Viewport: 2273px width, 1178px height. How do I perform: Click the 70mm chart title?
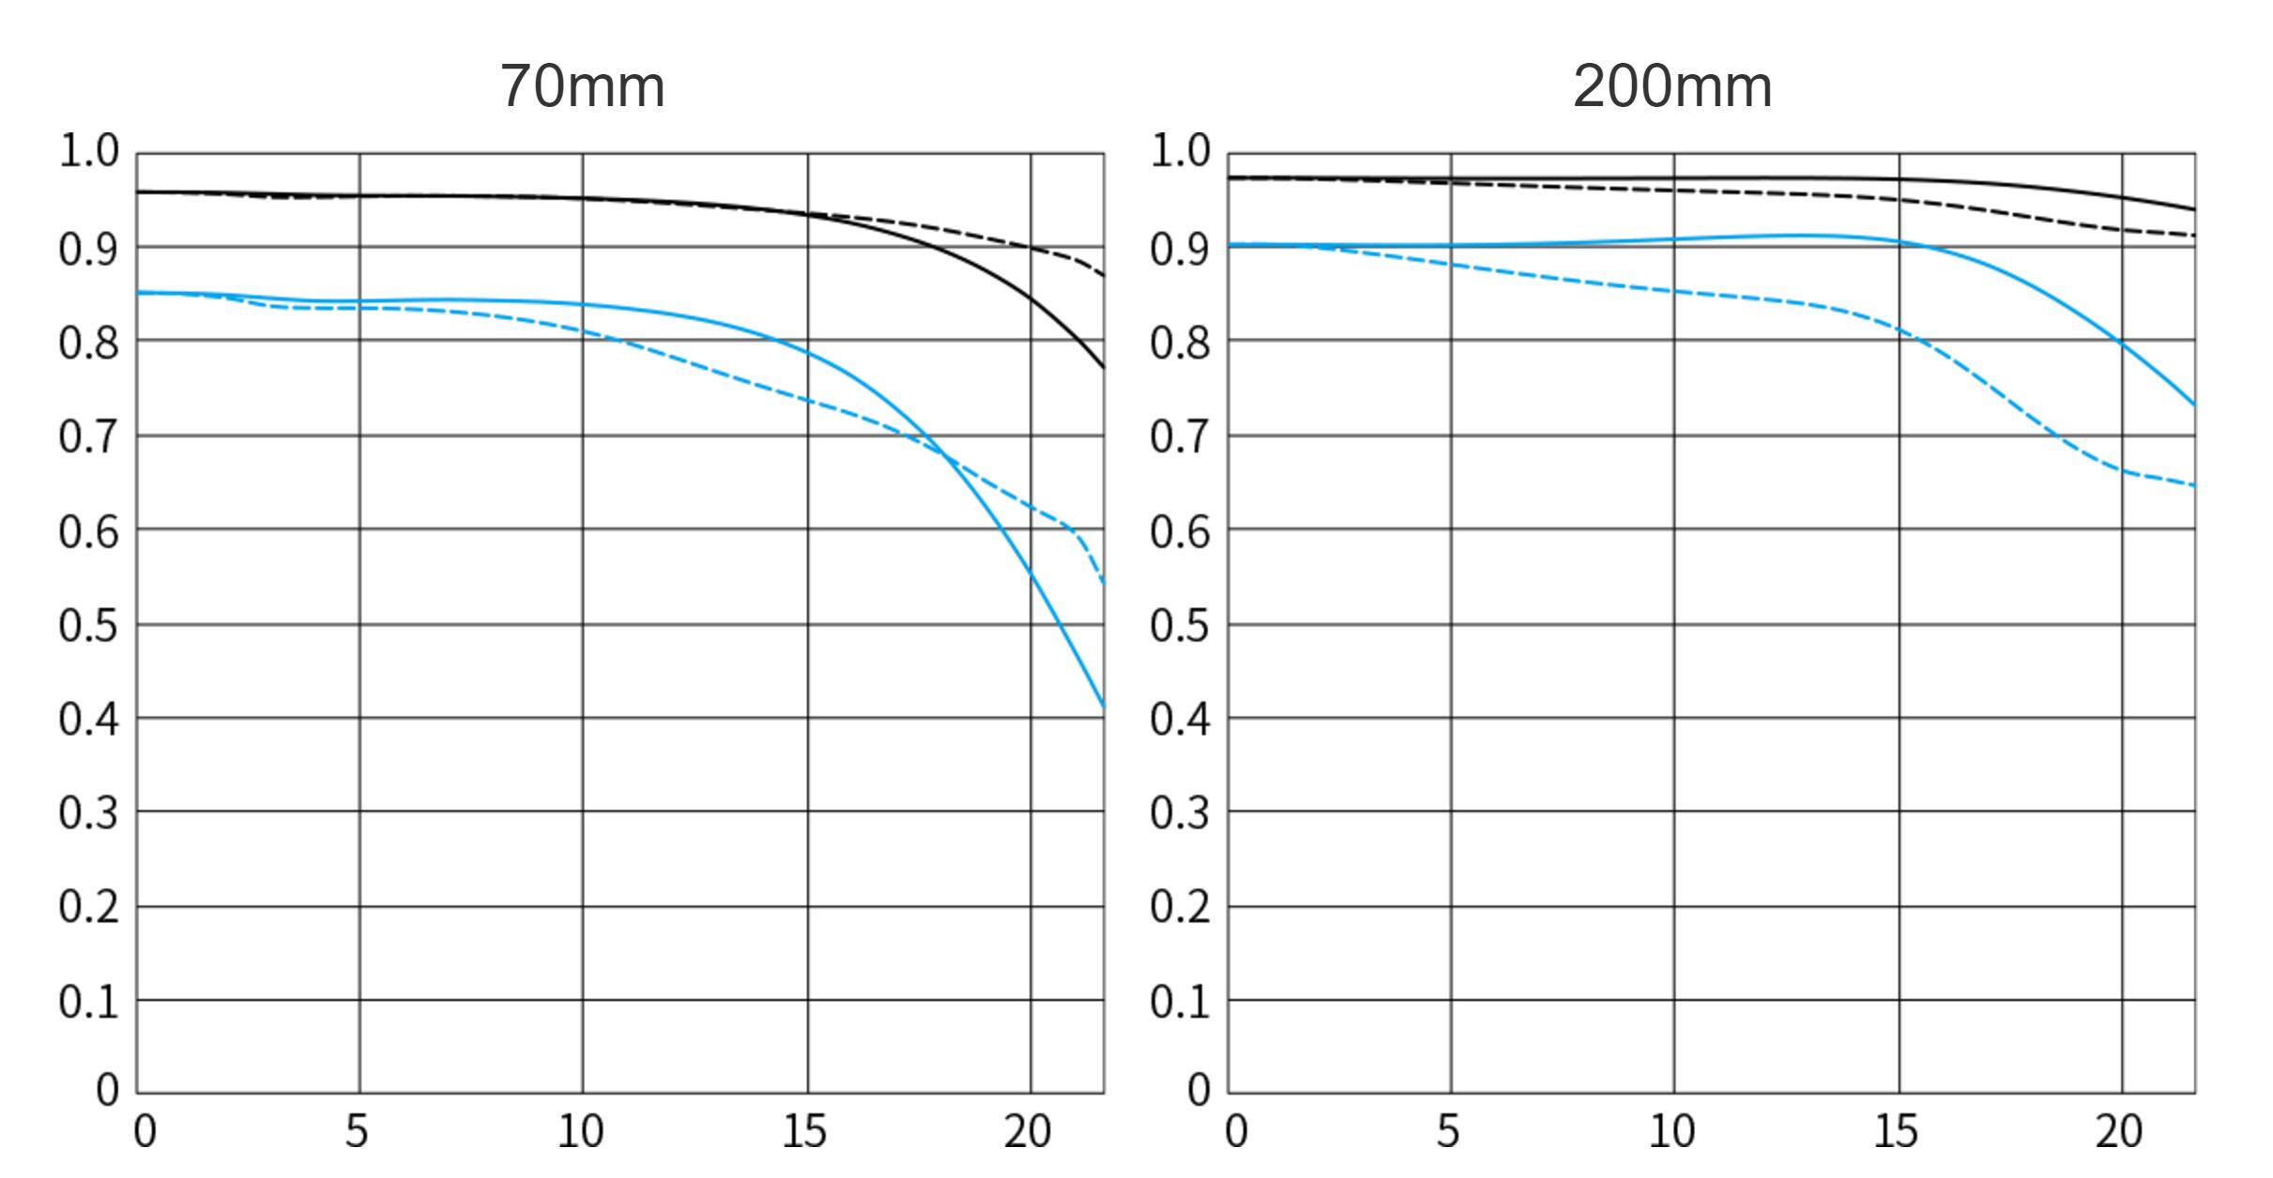(x=582, y=86)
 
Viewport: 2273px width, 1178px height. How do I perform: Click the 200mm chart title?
(x=1672, y=86)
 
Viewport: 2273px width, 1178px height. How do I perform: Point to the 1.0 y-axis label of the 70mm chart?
(x=89, y=151)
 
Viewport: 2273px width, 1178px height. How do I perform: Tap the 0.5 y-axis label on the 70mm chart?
(x=89, y=625)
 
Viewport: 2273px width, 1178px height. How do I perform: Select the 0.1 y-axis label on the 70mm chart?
(x=89, y=1002)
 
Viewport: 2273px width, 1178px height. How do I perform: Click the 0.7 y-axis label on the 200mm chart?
(x=1180, y=437)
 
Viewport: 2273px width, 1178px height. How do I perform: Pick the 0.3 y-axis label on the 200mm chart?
(x=1180, y=813)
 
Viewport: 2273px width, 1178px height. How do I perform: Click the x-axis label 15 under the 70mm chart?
(x=804, y=1132)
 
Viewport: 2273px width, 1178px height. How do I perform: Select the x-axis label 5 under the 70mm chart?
(x=357, y=1132)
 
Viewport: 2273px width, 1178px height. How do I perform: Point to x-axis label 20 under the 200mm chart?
(x=2119, y=1132)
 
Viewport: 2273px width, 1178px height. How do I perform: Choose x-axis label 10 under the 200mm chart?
(x=1672, y=1132)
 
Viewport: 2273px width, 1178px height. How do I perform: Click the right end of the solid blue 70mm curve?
(x=1103, y=706)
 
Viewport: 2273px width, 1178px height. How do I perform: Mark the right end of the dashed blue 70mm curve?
(x=1103, y=583)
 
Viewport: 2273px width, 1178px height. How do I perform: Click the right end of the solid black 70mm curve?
(x=1103, y=367)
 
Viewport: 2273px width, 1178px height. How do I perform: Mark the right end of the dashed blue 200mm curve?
(x=2193, y=485)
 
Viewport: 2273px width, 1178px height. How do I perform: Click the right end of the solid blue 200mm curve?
(x=2193, y=405)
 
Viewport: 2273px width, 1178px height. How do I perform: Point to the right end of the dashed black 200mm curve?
(x=2193, y=235)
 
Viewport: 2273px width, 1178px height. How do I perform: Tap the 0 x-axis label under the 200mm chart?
(x=1237, y=1132)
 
